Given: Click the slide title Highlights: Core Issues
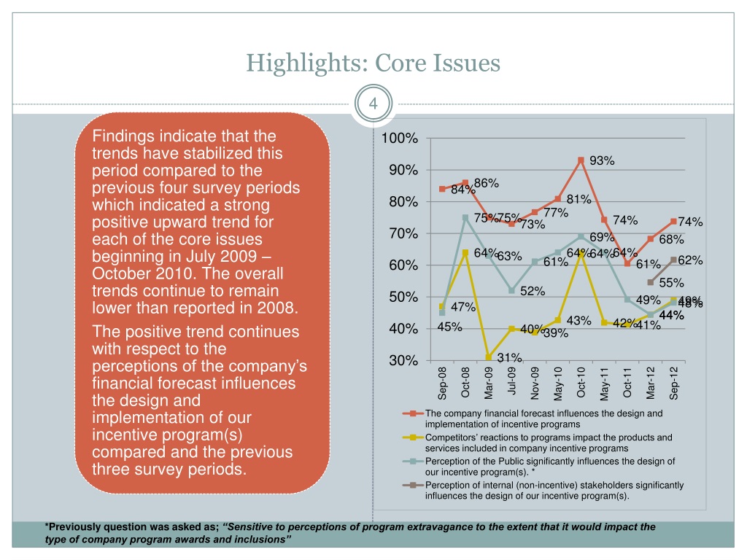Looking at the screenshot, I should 373,63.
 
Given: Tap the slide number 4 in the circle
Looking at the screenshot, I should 373,103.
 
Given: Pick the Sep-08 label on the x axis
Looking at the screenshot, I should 442,384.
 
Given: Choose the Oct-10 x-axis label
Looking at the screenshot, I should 581,382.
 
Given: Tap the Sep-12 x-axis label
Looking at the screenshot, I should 674,382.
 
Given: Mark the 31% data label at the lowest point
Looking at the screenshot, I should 509,358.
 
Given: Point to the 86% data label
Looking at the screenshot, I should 486,184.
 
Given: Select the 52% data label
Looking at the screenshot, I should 533,291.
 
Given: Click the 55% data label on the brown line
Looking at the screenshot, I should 671,283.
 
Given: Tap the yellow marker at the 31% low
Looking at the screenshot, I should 488,357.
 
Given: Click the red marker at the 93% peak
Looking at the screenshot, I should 581,160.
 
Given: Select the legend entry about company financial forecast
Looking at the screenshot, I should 543,419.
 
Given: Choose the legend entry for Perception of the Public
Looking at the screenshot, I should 549,466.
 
